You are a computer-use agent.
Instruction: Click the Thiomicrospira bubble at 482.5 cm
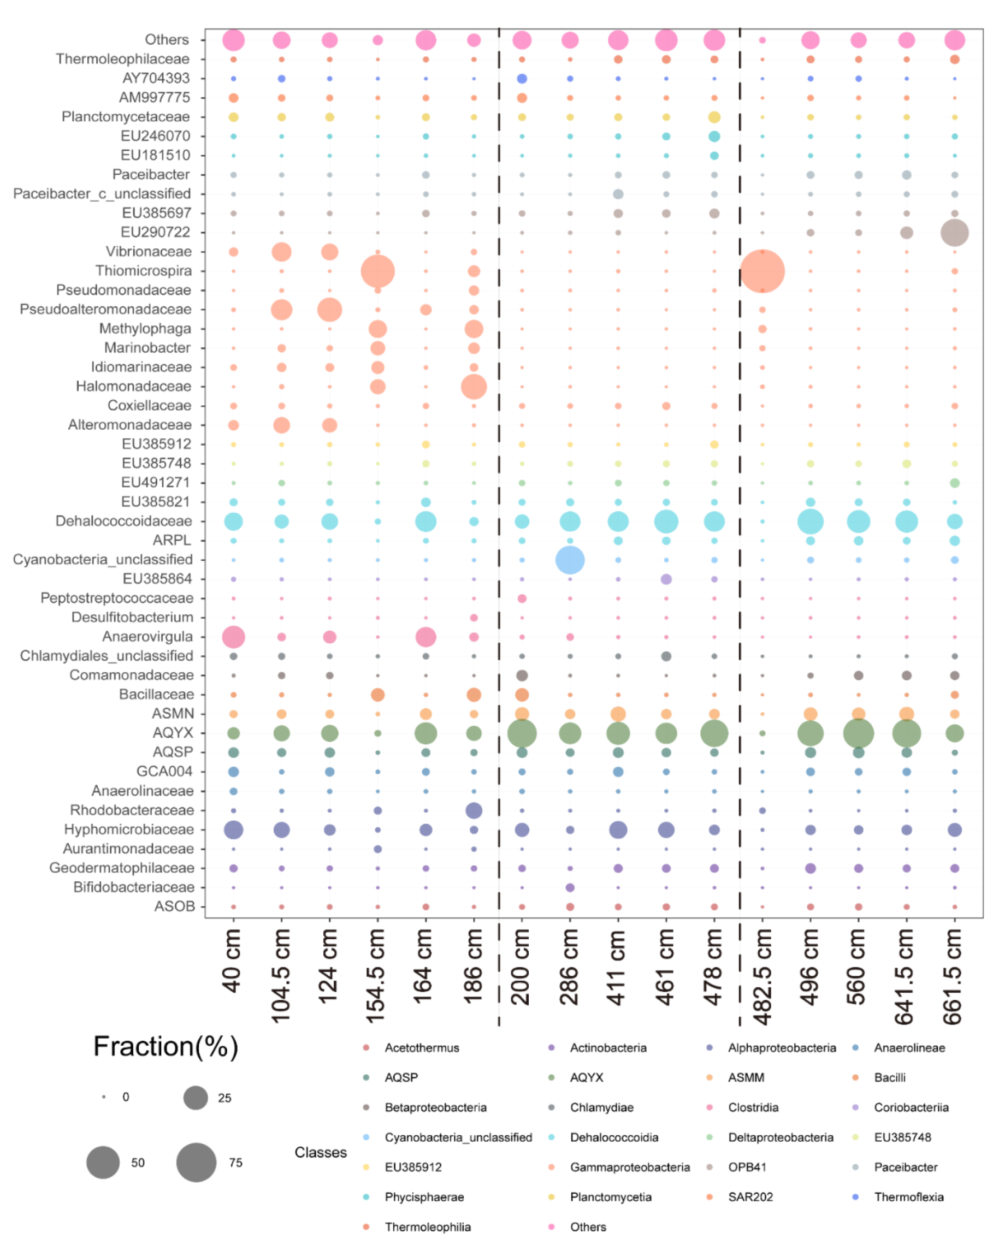[761, 271]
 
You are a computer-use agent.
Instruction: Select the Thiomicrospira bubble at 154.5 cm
[377, 271]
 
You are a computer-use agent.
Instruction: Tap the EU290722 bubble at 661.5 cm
[954, 233]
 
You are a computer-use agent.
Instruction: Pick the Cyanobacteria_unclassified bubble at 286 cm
[570, 560]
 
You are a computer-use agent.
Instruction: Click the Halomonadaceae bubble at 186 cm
[474, 387]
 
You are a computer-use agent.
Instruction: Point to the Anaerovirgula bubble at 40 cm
[233, 637]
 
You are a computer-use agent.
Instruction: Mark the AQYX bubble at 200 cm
[521, 733]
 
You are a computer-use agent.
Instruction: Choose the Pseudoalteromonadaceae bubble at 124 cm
[329, 309]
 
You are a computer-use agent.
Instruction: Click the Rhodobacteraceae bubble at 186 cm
[474, 810]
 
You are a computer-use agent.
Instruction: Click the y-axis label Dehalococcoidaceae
[123, 521]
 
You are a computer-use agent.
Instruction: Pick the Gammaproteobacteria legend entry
[629, 1167]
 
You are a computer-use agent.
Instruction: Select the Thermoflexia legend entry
[908, 1196]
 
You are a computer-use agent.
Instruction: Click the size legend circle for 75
[196, 1162]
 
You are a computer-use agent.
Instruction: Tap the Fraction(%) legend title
[165, 1047]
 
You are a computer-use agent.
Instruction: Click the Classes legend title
[321, 1152]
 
